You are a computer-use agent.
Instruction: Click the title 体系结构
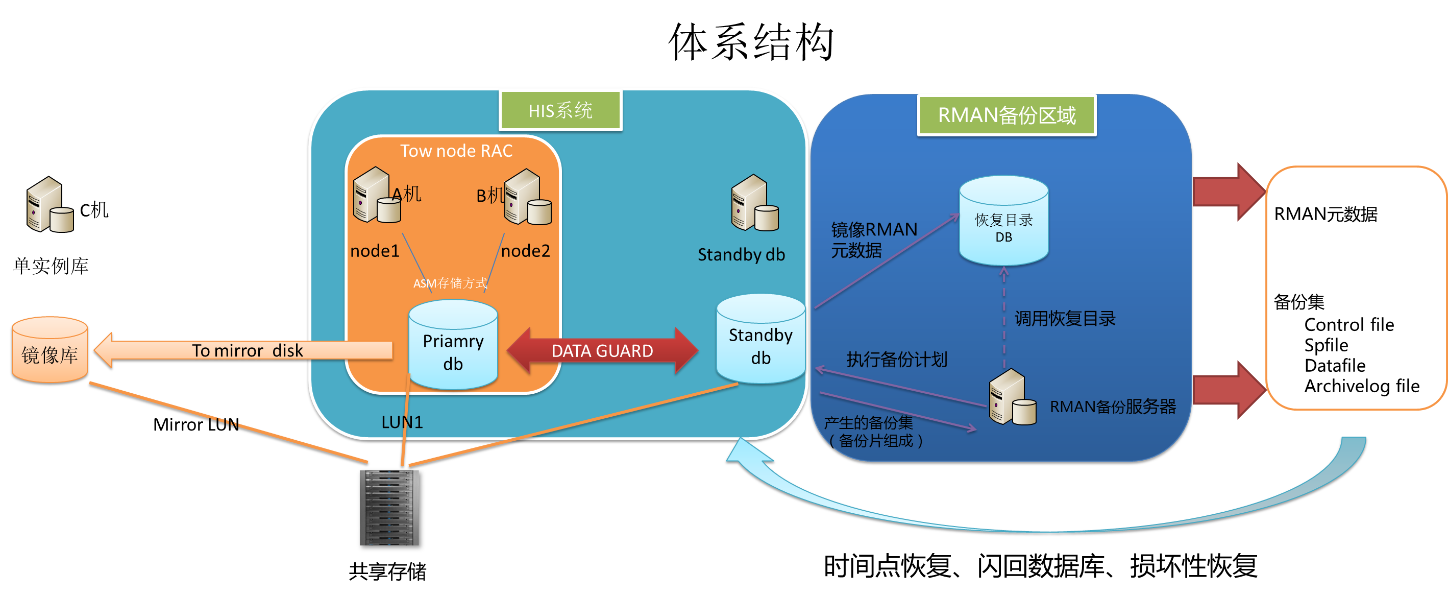point(751,42)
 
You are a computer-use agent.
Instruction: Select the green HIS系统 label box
point(560,110)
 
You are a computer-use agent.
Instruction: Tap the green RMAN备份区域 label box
point(1006,115)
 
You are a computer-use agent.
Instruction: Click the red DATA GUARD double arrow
point(602,350)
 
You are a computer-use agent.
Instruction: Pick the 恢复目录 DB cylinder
point(1003,221)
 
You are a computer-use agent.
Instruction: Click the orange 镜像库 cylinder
point(50,351)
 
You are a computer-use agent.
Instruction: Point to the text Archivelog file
point(1361,386)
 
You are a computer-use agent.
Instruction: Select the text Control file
point(1348,324)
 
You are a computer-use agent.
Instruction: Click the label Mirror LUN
point(195,424)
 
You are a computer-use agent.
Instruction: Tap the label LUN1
point(402,422)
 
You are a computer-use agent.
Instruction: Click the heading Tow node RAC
point(456,151)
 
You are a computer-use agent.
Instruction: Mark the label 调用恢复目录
point(1065,319)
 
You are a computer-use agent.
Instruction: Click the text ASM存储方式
point(450,283)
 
